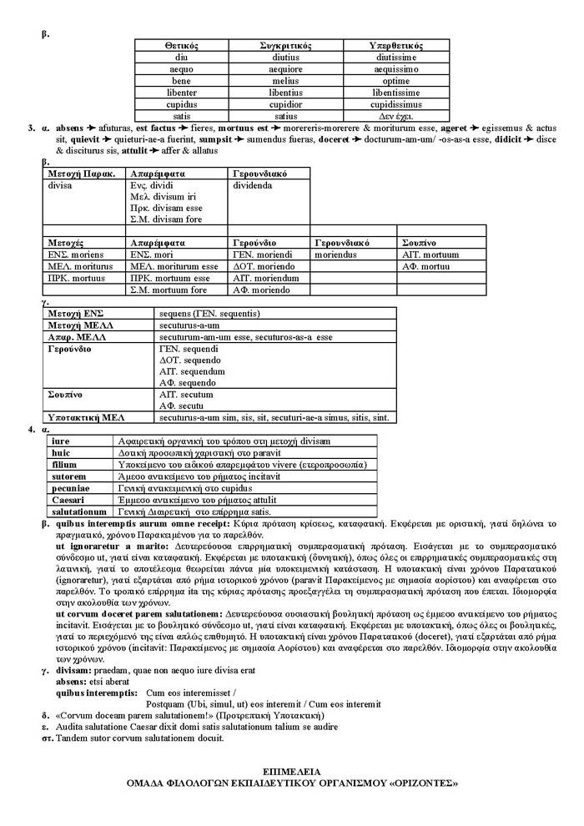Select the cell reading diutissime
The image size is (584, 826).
pyautogui.click(x=396, y=57)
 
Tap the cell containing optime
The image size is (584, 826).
pyautogui.click(x=396, y=81)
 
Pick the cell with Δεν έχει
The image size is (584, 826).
pyautogui.click(x=396, y=116)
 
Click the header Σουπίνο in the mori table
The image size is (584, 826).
pyautogui.click(x=420, y=242)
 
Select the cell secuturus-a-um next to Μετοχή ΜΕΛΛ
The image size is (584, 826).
pyautogui.click(x=189, y=325)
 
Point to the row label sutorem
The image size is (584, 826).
pyautogui.click(x=68, y=476)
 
